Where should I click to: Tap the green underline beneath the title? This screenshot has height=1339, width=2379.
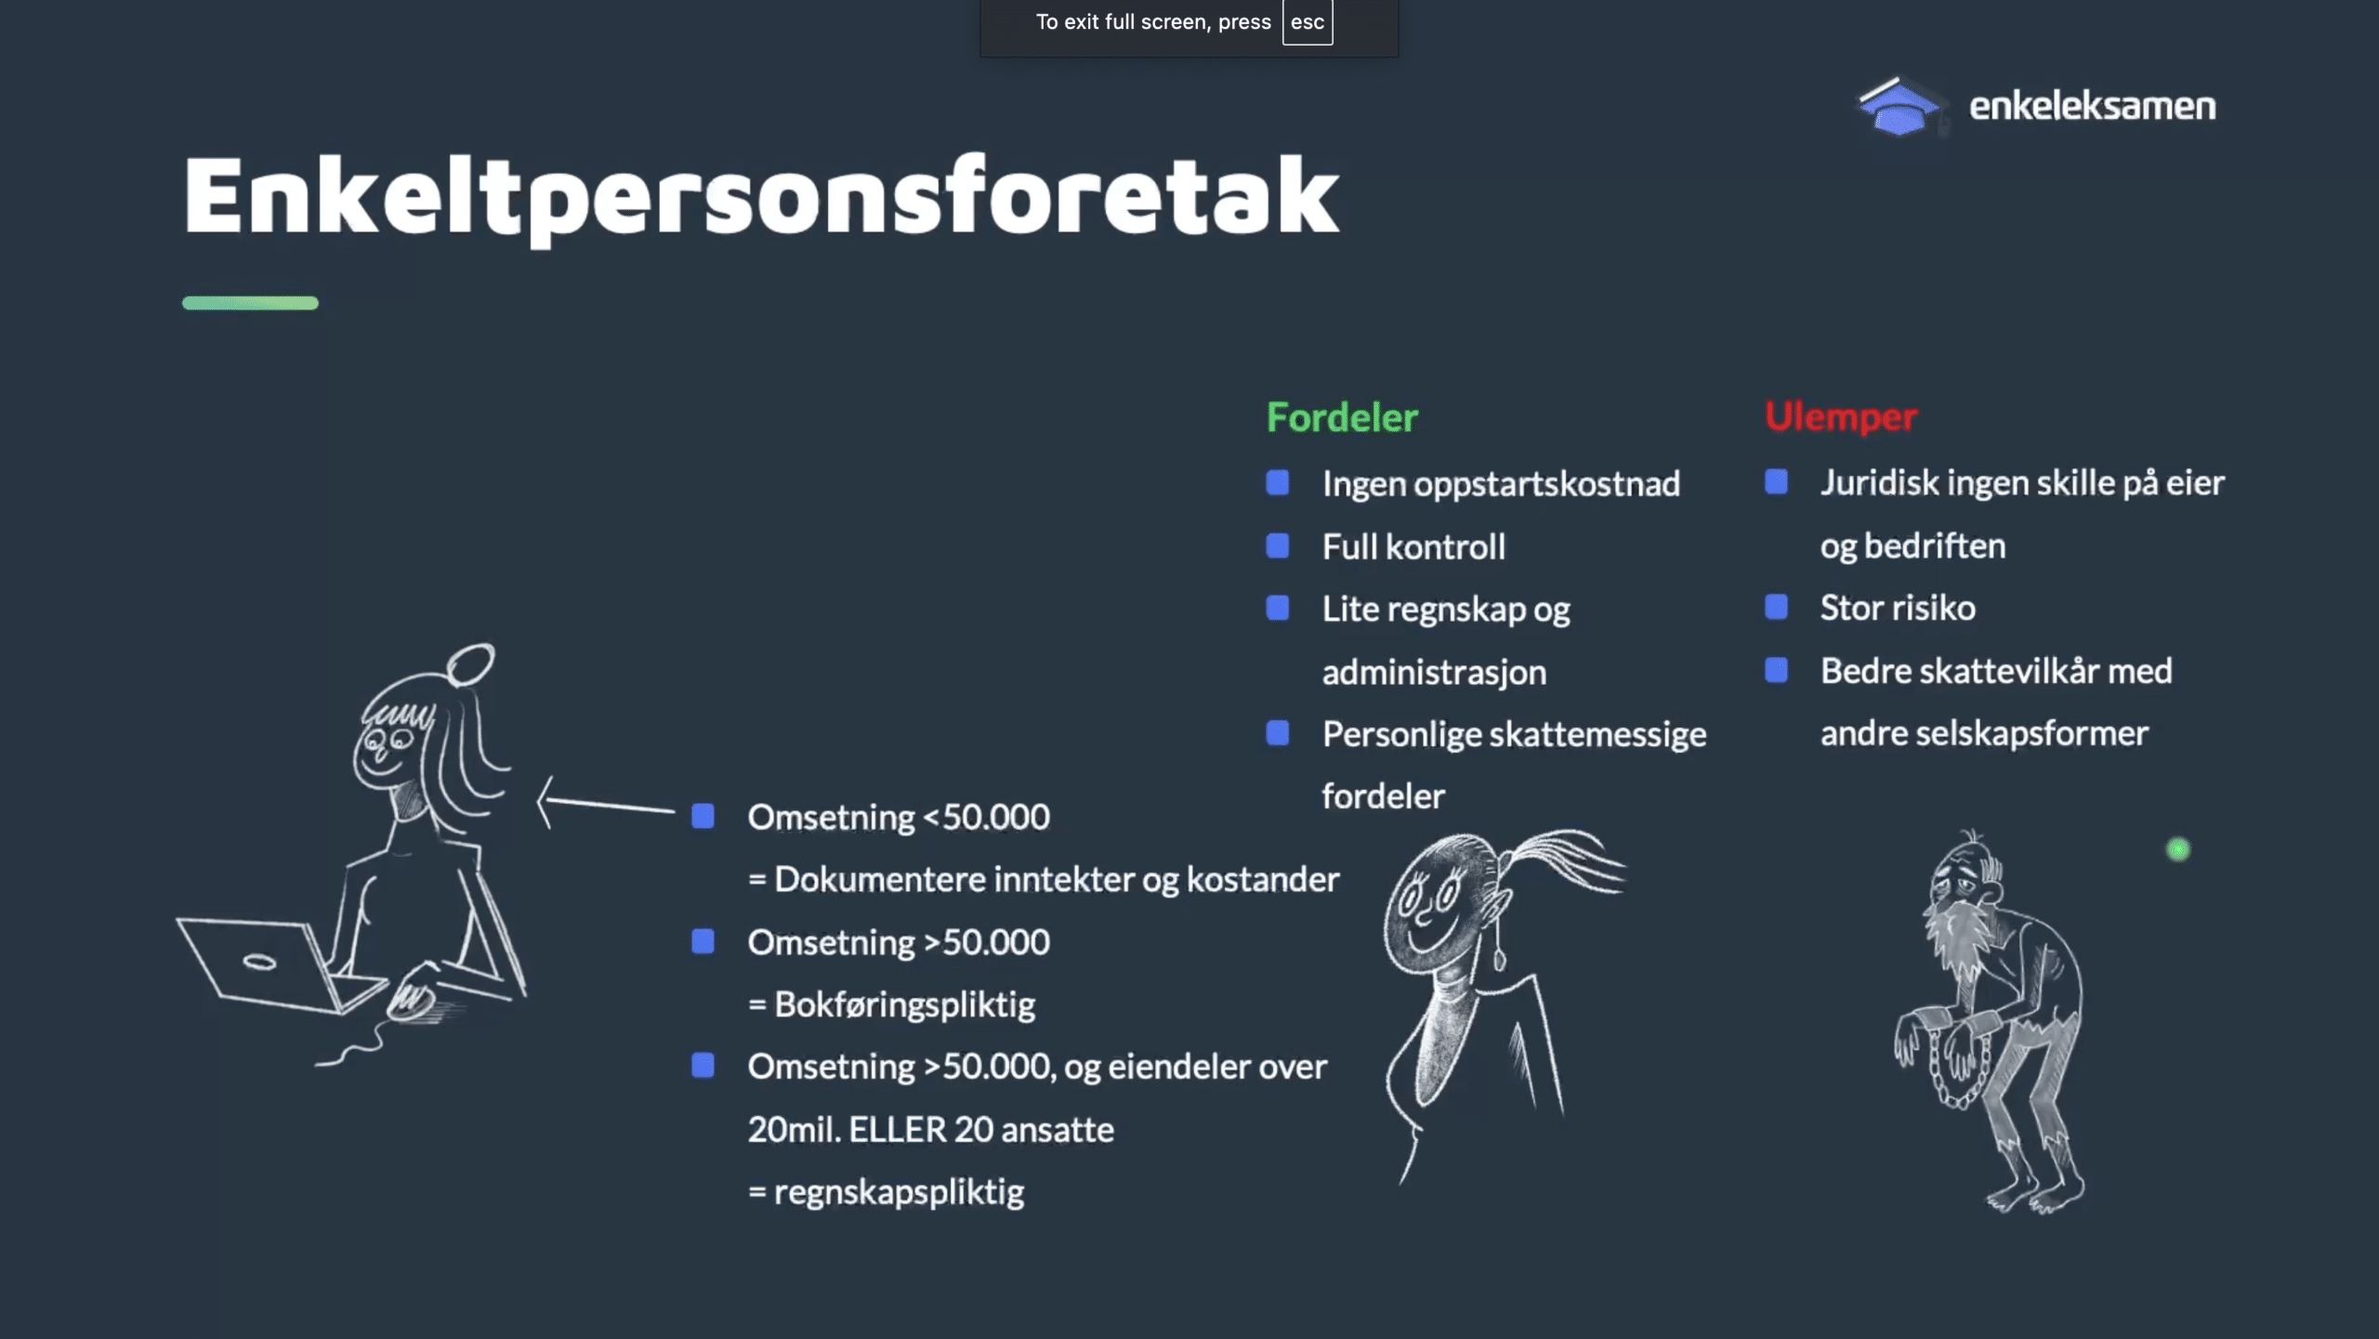point(250,303)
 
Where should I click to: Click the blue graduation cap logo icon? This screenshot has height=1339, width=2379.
point(1899,106)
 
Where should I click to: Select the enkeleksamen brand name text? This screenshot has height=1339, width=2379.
point(2092,106)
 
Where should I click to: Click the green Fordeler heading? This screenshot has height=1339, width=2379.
point(1342,417)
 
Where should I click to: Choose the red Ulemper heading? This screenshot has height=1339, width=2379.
point(1840,417)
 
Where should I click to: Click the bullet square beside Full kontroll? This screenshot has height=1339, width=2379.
point(1278,546)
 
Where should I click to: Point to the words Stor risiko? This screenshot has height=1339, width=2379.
point(1898,608)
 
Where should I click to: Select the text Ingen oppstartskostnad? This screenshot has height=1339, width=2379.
point(1501,484)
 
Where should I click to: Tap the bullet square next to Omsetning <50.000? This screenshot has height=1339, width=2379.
point(703,817)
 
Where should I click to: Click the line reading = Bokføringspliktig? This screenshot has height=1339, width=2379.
point(891,1004)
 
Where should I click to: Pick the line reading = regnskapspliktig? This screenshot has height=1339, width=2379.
point(886,1192)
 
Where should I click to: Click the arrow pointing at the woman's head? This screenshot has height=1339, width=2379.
point(606,804)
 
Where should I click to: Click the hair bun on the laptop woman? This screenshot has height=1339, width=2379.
point(470,664)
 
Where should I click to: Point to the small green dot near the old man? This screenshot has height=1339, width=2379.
point(2178,849)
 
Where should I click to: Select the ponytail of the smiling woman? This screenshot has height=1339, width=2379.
point(1561,864)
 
